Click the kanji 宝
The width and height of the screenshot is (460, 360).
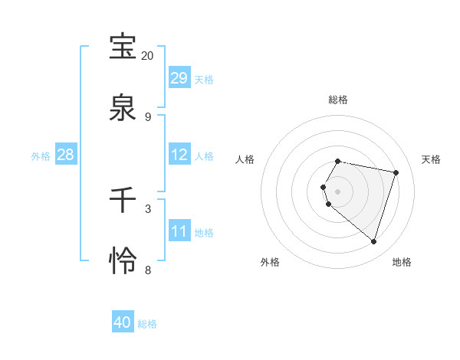123,47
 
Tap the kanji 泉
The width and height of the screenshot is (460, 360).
123,108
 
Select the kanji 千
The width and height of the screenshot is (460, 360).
123,200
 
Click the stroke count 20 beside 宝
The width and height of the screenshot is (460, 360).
148,56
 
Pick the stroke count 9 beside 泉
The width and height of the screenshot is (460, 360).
148,117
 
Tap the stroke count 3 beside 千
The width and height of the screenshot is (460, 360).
148,208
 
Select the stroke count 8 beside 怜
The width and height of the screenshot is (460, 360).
148,270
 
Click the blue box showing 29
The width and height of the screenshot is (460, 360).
179,78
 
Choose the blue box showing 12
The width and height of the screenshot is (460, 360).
179,155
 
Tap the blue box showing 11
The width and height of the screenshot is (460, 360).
179,231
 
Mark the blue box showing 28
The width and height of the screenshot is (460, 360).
66,155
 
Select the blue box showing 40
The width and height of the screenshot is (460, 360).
123,322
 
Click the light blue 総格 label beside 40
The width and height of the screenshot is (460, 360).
147,324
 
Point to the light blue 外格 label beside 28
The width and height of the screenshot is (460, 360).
41,156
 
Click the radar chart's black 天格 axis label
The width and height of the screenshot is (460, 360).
431,159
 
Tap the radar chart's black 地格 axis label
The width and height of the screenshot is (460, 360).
402,262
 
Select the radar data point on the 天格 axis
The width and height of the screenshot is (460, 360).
396,172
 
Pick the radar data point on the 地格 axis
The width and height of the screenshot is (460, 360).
373,241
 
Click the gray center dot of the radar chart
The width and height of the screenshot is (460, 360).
338,191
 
